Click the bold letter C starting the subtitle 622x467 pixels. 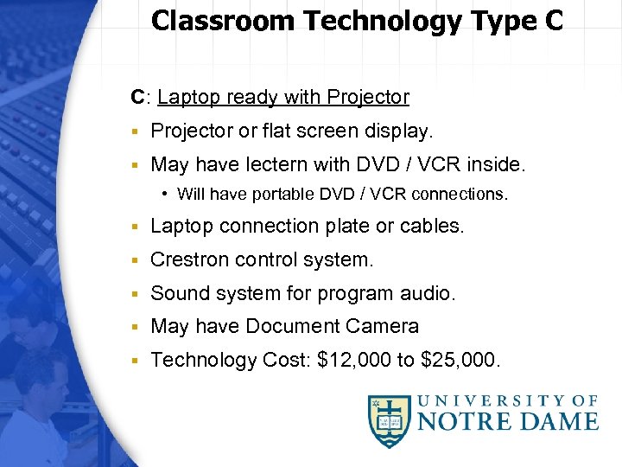coord(136,98)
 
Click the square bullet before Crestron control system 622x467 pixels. coord(136,260)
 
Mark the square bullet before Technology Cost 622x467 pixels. coord(136,361)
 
